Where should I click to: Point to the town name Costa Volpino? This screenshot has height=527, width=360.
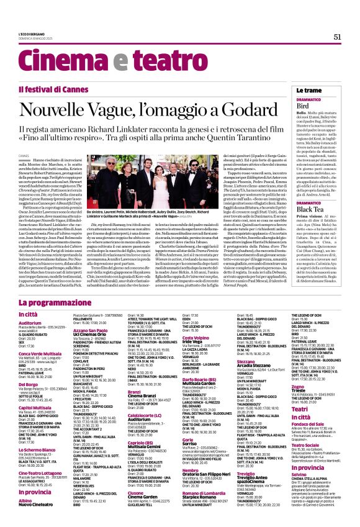[x=198, y=338]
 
